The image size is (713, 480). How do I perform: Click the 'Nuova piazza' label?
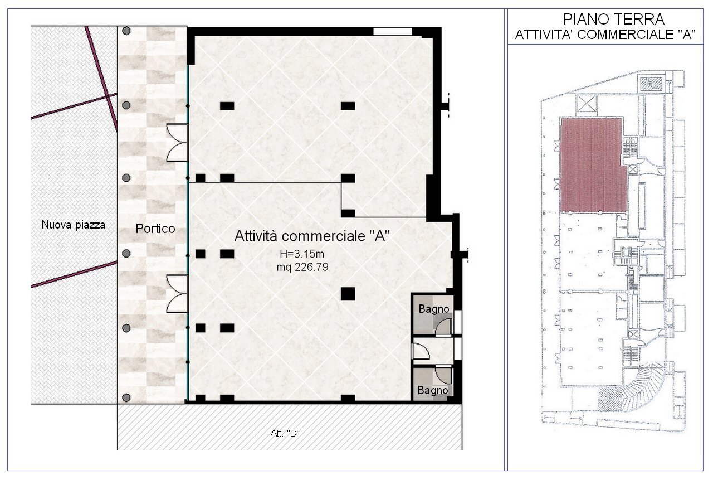[x=73, y=225]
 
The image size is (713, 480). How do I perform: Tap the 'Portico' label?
[x=155, y=229]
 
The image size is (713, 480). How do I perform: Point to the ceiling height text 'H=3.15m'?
[x=301, y=255]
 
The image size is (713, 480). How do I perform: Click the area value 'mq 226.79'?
[x=302, y=267]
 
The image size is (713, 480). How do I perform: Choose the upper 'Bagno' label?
[x=433, y=308]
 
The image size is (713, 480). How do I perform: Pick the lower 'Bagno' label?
[x=433, y=390]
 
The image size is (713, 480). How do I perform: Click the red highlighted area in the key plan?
[x=592, y=164]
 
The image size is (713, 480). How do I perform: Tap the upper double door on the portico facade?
[x=178, y=143]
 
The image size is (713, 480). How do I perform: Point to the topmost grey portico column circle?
[x=127, y=31]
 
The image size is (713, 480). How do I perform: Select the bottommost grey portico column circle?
[x=126, y=397]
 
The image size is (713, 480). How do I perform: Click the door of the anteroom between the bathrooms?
[x=419, y=351]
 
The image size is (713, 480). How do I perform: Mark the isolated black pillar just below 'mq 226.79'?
[x=348, y=293]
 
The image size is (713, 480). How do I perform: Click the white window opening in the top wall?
[x=392, y=31]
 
